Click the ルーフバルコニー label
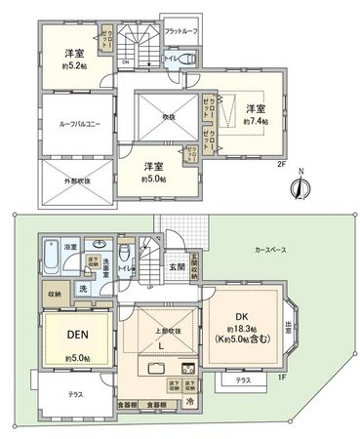77,123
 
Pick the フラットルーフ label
182,34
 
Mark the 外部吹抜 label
75,180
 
